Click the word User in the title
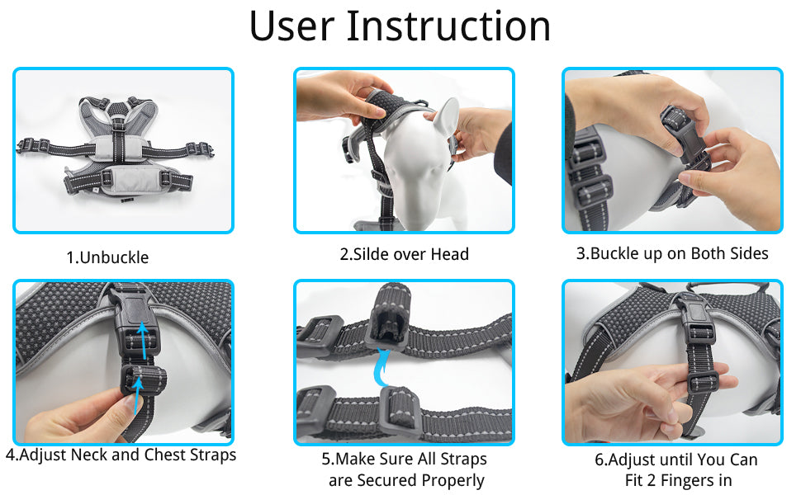coord(291,26)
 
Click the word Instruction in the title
coord(448,26)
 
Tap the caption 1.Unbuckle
coord(107,257)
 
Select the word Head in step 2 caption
coord(449,254)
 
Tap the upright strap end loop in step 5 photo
coord(392,313)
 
